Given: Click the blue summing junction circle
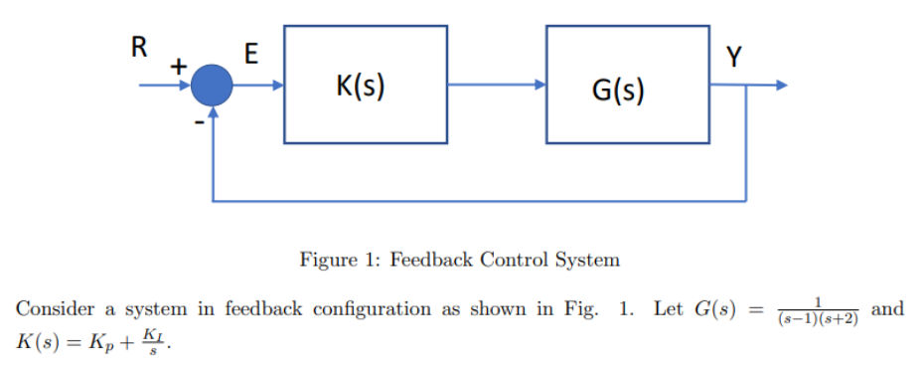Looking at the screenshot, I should click(212, 87).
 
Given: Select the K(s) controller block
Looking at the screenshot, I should click(366, 85).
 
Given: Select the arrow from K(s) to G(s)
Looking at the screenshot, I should click(496, 86).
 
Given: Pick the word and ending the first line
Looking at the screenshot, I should click(887, 308).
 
